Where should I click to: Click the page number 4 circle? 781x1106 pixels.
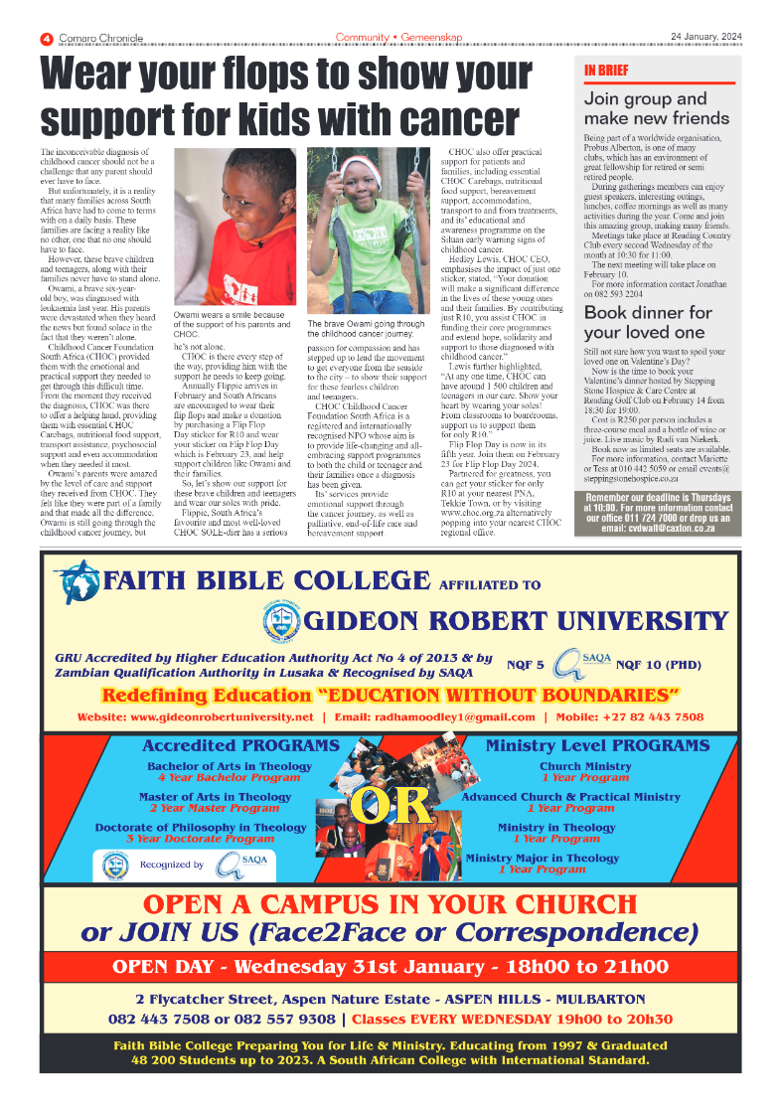coord(46,39)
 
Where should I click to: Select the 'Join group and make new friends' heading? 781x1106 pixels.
coord(656,108)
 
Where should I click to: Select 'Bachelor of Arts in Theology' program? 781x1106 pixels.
coord(230,766)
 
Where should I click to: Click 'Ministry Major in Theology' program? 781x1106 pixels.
coord(543,858)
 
